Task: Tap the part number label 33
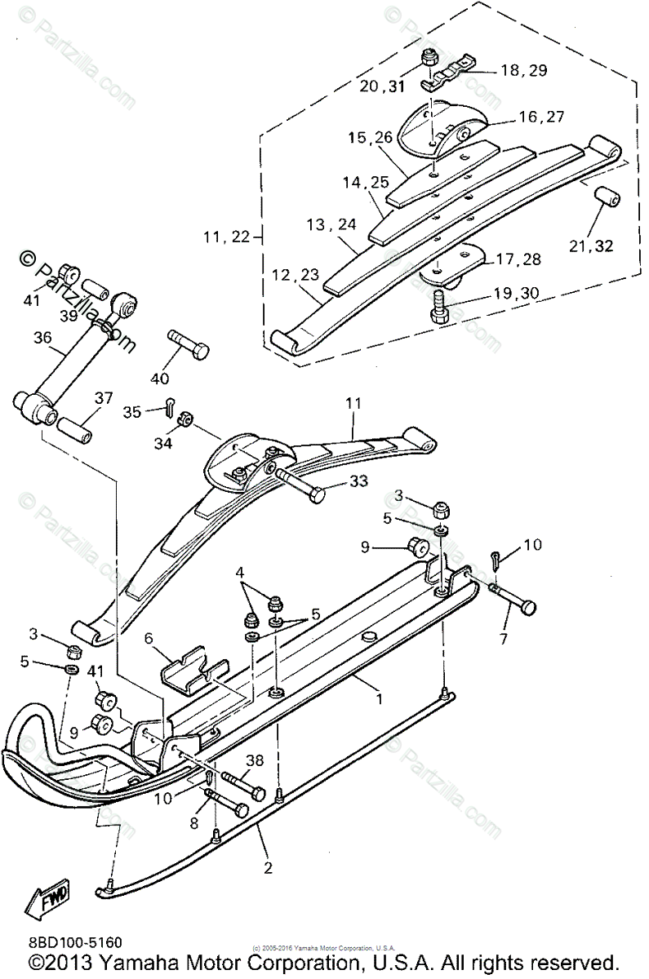pos(359,482)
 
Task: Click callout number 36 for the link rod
pos(42,338)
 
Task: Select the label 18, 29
pos(523,71)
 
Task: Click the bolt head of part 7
pos(529,608)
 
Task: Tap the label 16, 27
pos(541,117)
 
